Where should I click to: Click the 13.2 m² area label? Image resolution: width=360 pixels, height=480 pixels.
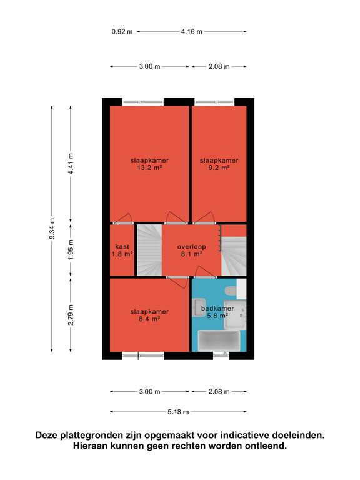tap(149, 167)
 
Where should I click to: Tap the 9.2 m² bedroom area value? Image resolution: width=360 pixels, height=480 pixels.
tap(219, 167)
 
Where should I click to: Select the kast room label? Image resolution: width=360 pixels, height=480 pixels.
tap(122, 246)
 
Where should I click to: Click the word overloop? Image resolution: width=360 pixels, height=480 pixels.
tap(192, 247)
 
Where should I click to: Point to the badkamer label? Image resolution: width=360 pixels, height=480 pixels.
tap(217, 308)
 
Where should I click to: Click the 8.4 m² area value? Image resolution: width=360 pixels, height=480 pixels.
tap(149, 319)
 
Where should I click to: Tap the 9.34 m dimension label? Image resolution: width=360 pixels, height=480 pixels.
tap(52, 229)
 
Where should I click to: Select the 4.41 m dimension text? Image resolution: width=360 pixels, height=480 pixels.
tap(71, 164)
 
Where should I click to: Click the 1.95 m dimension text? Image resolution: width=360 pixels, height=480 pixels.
tap(71, 250)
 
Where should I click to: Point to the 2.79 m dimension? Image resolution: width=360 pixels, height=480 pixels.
tap(71, 315)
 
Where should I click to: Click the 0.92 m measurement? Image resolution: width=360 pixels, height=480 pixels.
tap(122, 31)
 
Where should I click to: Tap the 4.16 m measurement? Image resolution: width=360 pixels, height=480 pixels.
tap(192, 31)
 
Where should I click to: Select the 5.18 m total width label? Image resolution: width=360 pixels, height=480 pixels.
tap(178, 412)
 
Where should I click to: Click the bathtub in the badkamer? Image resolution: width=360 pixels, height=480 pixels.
tap(219, 341)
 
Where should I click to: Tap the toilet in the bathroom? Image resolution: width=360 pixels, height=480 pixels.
tap(231, 291)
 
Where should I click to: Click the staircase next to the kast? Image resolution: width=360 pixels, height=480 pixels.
tap(149, 250)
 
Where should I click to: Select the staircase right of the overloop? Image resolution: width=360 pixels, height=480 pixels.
tap(234, 256)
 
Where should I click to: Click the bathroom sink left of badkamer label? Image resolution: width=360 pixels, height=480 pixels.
tap(198, 307)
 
